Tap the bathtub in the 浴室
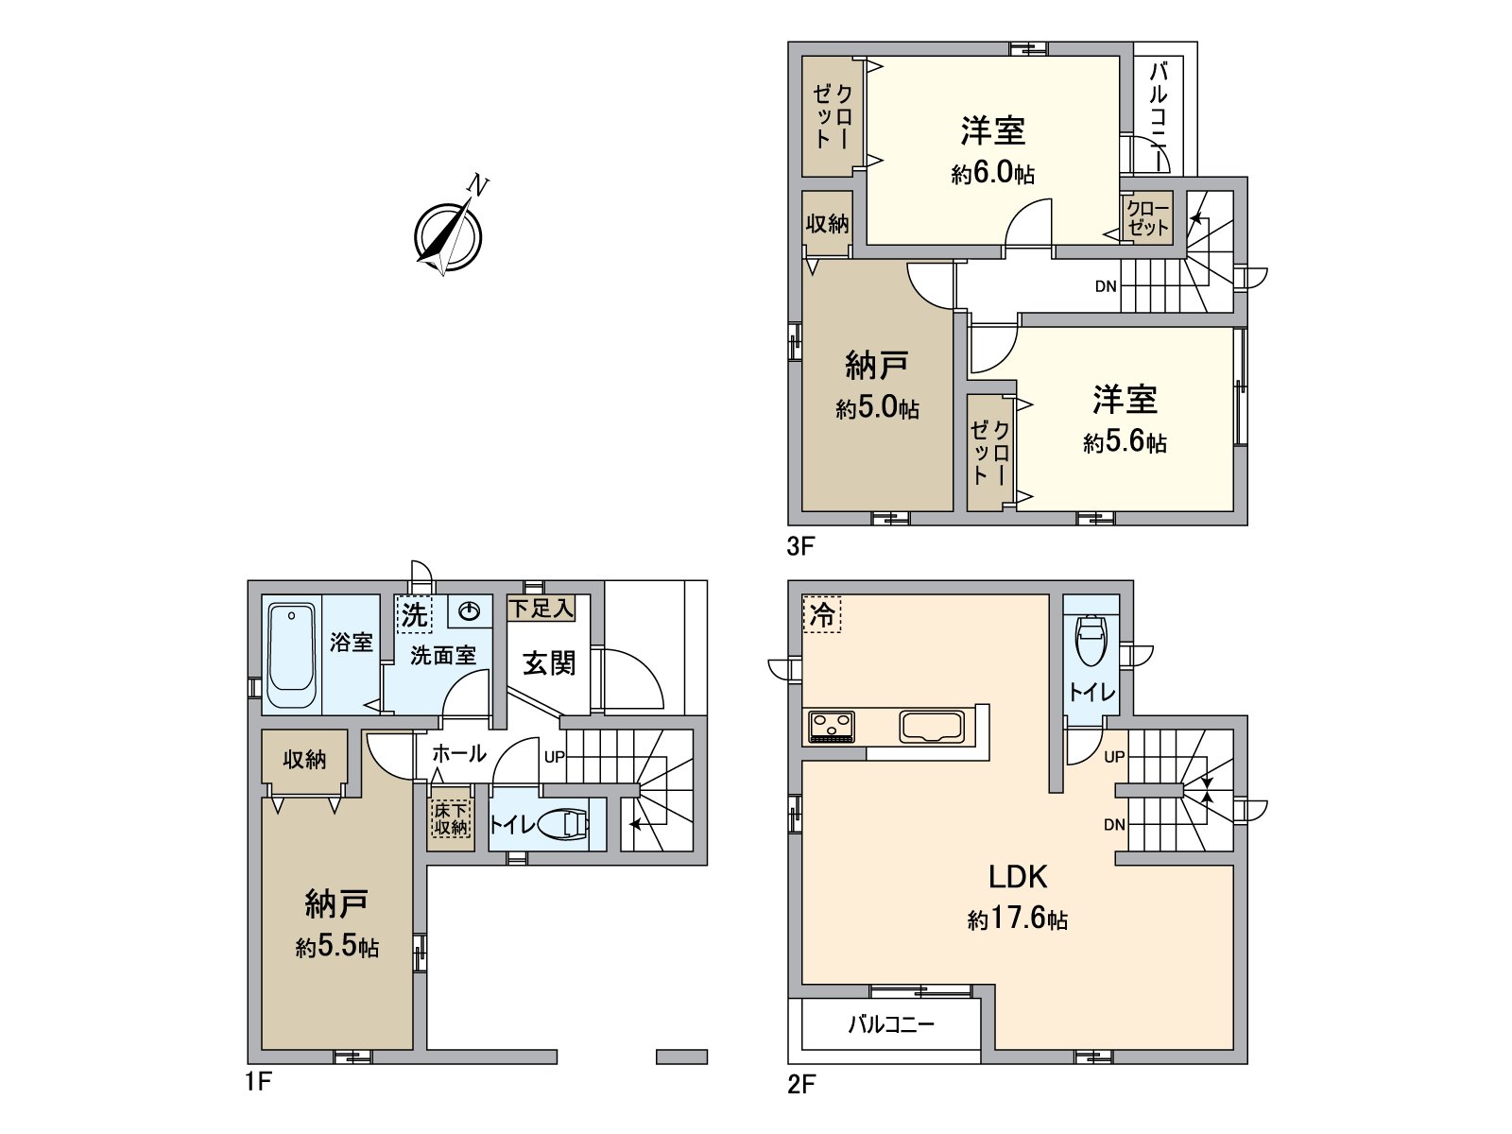tap(291, 656)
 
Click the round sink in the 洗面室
tap(469, 612)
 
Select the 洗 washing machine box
tap(414, 615)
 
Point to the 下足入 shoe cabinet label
tap(541, 608)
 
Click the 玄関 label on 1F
tap(549, 663)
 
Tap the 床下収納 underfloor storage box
tap(451, 818)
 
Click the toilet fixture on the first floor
tap(566, 825)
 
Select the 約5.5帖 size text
tap(337, 947)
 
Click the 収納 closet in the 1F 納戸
tap(304, 759)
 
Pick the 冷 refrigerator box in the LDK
tap(822, 614)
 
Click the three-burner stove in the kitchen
tap(832, 727)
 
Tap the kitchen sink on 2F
tap(931, 727)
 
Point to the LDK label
tap(1018, 877)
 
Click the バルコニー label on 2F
tap(891, 1023)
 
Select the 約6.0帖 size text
tap(993, 174)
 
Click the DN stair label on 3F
tap(1106, 286)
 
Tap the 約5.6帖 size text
tap(1125, 442)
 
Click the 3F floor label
tap(799, 546)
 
